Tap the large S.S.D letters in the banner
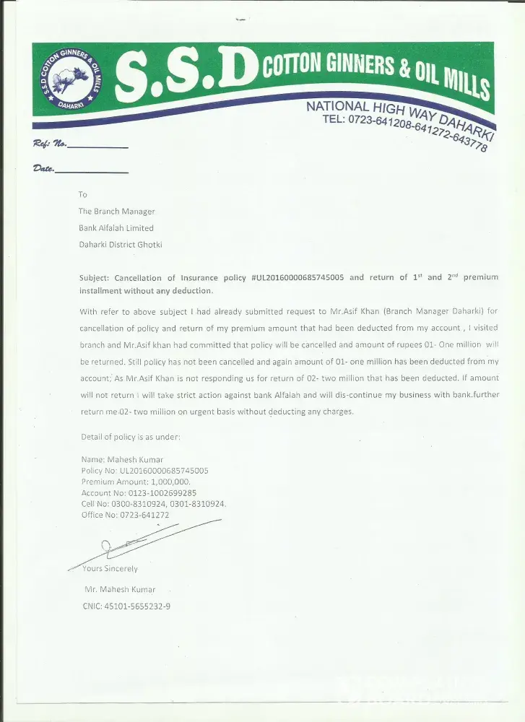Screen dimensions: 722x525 (x=186, y=76)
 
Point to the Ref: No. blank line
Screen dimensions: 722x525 (x=97, y=147)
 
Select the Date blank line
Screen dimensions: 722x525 (x=92, y=173)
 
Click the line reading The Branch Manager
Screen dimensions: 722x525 (x=117, y=212)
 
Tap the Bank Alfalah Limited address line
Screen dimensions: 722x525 (x=116, y=228)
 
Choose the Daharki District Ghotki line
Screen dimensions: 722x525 (x=121, y=245)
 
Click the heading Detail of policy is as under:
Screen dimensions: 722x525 (x=131, y=438)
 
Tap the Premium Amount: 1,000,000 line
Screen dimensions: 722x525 (x=136, y=482)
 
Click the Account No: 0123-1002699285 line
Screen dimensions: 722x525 (x=139, y=492)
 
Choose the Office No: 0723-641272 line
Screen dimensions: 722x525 (x=125, y=515)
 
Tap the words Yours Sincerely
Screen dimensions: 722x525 (x=110, y=569)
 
